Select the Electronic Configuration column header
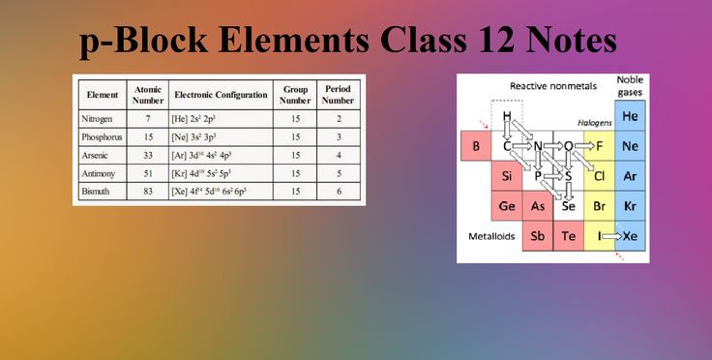pyautogui.click(x=221, y=95)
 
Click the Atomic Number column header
pyautogui.click(x=148, y=95)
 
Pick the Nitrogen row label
pyautogui.click(x=97, y=119)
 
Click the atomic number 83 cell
pyautogui.click(x=148, y=191)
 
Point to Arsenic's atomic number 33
pyautogui.click(x=148, y=155)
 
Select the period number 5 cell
pyautogui.click(x=339, y=173)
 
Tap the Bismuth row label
pyautogui.click(x=96, y=191)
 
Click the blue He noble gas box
pyautogui.click(x=630, y=116)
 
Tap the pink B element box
pyautogui.click(x=476, y=146)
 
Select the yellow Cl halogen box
pyautogui.click(x=599, y=176)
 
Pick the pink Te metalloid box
pyautogui.click(x=568, y=235)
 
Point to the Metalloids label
pyautogui.click(x=491, y=236)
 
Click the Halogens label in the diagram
pyautogui.click(x=594, y=123)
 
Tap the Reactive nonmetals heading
pyautogui.click(x=553, y=86)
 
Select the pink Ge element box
pyautogui.click(x=507, y=206)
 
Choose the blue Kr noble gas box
pyautogui.click(x=630, y=206)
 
